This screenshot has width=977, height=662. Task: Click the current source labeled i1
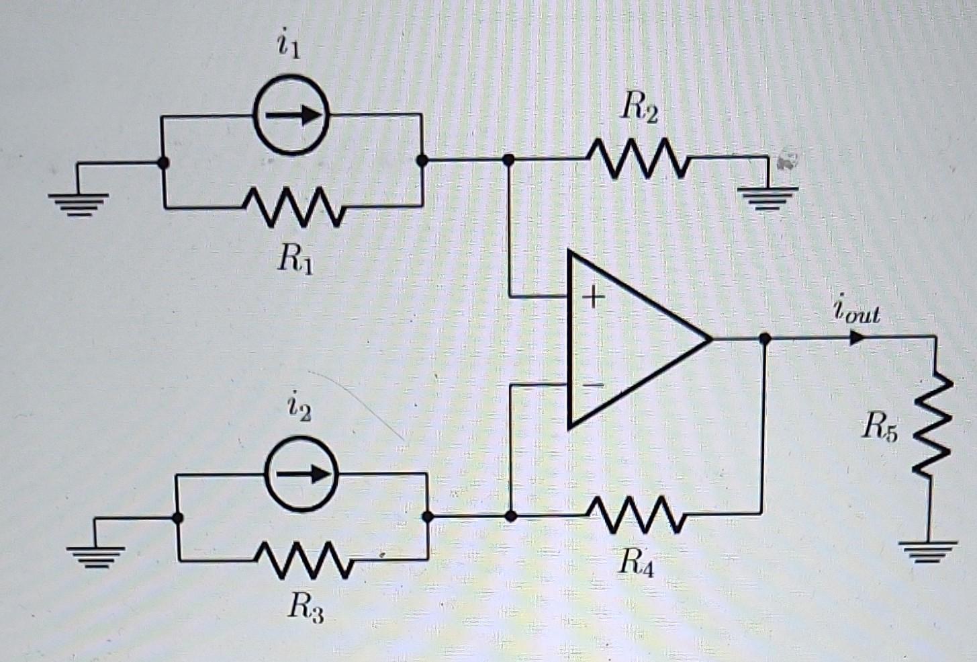[x=291, y=115]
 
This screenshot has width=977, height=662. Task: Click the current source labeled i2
[x=301, y=474]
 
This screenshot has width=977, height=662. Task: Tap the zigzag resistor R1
[x=295, y=207]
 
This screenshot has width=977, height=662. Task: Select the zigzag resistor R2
[x=638, y=159]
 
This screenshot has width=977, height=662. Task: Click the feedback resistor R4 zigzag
[x=637, y=515]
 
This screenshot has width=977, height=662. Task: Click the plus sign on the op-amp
[x=592, y=296]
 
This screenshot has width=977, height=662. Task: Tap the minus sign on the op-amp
[x=592, y=386]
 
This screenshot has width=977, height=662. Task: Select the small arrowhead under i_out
[x=857, y=337]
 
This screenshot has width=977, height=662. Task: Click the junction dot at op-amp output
[x=764, y=339]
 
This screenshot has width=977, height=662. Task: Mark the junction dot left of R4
[x=510, y=516]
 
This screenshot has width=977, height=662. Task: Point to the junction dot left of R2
[x=509, y=160]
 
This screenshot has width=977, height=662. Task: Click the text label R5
[x=880, y=427]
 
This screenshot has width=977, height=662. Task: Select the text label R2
[x=639, y=108]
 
